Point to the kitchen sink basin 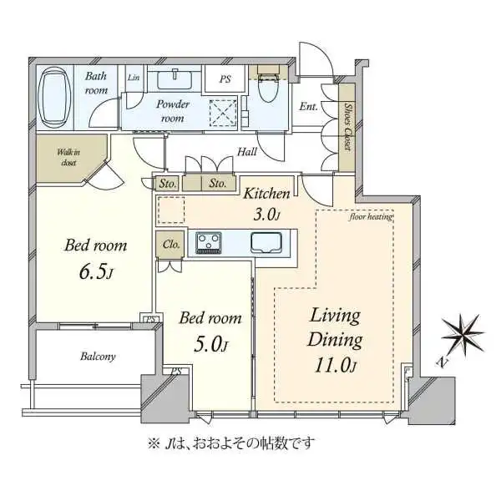[266, 243]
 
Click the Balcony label [99, 357]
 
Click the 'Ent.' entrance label [308, 106]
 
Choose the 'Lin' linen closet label [134, 78]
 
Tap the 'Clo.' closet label [167, 245]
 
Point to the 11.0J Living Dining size [335, 365]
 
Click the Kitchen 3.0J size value [266, 215]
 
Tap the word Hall [246, 152]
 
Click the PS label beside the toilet [224, 80]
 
